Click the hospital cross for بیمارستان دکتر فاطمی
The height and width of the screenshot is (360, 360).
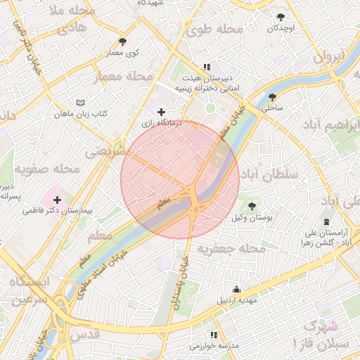tap(57, 200)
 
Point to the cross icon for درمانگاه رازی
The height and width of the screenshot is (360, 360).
tap(162, 112)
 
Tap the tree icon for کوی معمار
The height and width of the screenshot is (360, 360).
tap(123, 42)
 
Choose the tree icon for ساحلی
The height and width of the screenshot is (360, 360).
tap(272, 98)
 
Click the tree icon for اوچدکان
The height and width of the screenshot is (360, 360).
tap(281, 17)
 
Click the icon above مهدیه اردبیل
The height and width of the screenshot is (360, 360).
tap(237, 289)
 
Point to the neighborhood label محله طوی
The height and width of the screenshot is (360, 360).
tap(214, 30)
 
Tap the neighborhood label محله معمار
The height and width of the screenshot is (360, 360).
tap(122, 76)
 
